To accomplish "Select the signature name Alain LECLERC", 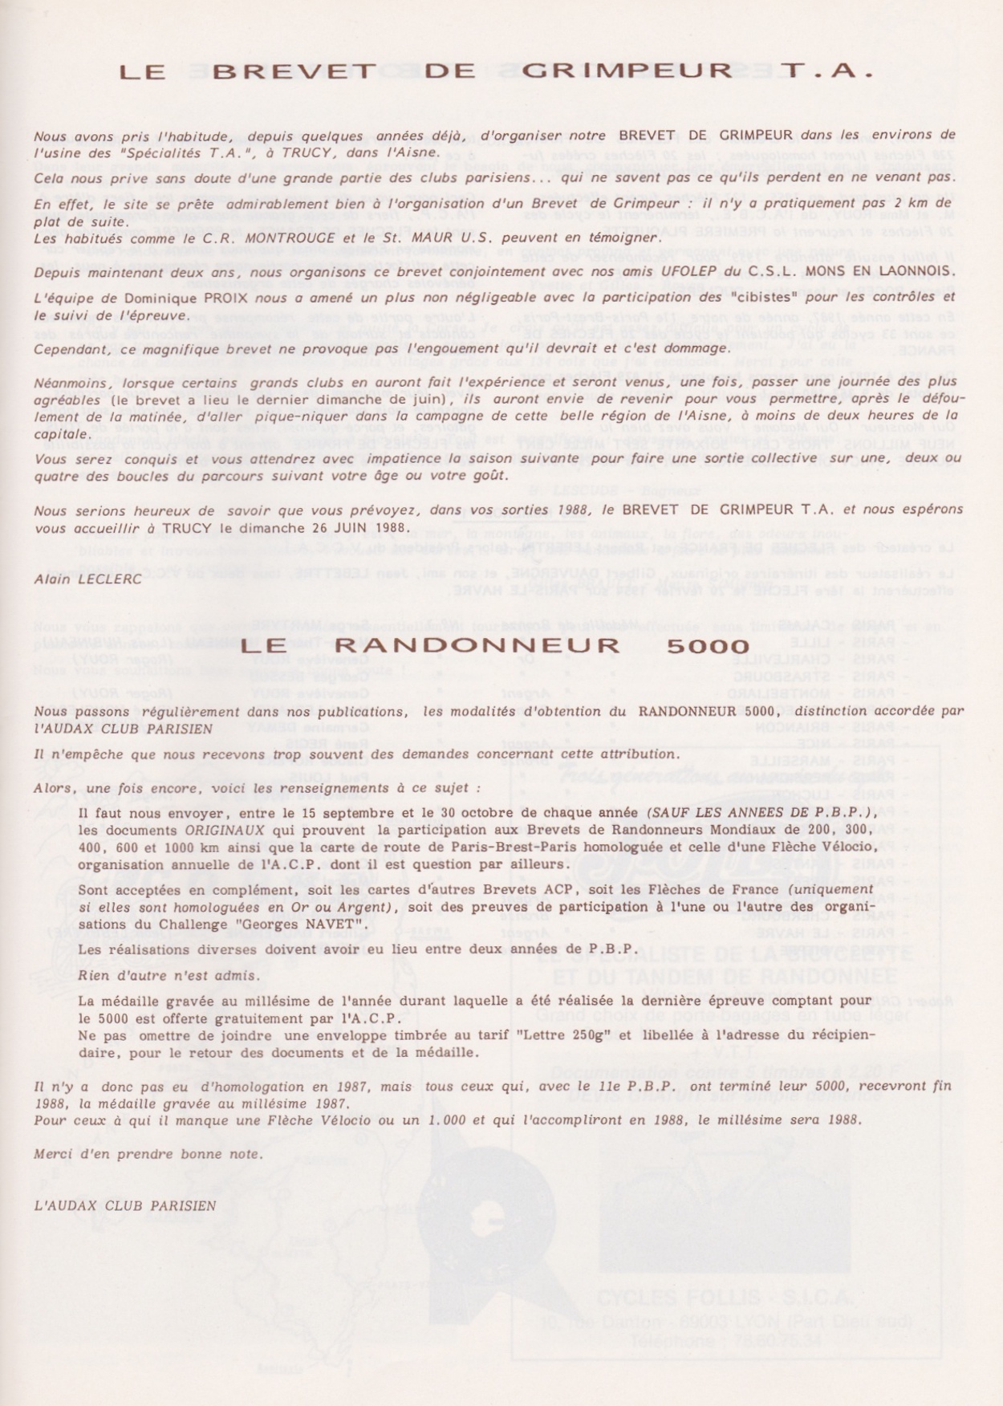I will click(87, 579).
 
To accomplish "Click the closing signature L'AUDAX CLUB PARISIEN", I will click(124, 1205).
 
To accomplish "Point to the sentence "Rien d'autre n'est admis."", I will click(169, 976).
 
